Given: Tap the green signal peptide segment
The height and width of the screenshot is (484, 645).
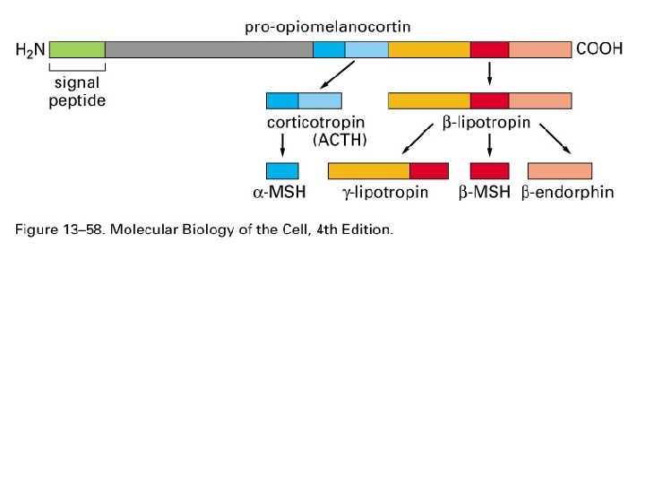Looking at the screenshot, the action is click(77, 49).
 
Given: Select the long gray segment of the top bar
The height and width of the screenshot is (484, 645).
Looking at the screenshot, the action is click(209, 49).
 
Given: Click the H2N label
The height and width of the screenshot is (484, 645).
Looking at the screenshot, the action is click(30, 50).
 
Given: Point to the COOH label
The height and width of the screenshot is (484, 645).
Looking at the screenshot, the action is click(599, 49).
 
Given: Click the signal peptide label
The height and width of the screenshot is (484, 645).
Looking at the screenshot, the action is click(77, 92).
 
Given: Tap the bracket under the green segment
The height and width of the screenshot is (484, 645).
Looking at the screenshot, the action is click(77, 66).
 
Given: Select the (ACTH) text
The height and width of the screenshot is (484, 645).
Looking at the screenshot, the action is click(340, 141).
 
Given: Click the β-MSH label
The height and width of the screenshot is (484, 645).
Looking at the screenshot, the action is click(485, 193).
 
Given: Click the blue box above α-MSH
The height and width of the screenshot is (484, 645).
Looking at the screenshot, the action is click(282, 170).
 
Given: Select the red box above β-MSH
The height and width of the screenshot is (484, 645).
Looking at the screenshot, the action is click(489, 170).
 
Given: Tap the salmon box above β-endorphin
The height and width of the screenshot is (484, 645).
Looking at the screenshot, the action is click(560, 170).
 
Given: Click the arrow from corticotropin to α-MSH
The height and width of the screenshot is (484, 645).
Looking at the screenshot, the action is click(283, 146).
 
